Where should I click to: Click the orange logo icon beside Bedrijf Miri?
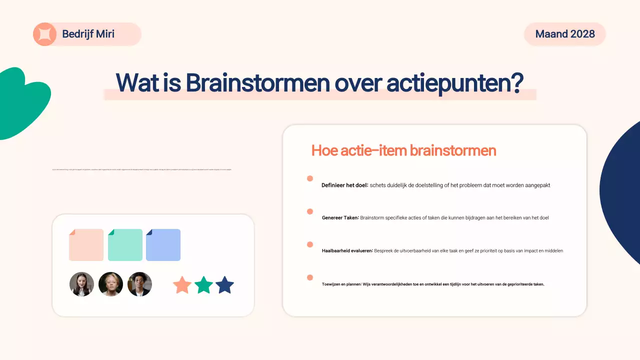pyautogui.click(x=44, y=34)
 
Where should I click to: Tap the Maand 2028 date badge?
pyautogui.click(x=565, y=34)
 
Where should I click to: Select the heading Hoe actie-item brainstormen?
pyautogui.click(x=403, y=150)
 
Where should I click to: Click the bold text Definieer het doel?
pyautogui.click(x=344, y=185)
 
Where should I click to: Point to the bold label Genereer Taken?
pyautogui.click(x=340, y=218)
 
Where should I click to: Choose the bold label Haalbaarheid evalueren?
pyautogui.click(x=347, y=250)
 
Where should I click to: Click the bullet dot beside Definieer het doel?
pyautogui.click(x=310, y=178)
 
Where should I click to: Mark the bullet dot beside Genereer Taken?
pyautogui.click(x=310, y=211)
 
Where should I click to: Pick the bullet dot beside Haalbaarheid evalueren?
pyautogui.click(x=310, y=244)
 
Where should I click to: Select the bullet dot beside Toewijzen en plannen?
pyautogui.click(x=310, y=277)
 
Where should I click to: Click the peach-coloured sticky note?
pyautogui.click(x=86, y=245)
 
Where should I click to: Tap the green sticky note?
pyautogui.click(x=125, y=245)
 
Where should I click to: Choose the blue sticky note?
pyautogui.click(x=163, y=245)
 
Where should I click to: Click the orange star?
pyautogui.click(x=182, y=285)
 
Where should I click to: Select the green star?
pyautogui.click(x=203, y=285)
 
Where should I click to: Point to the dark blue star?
pyautogui.click(x=224, y=285)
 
